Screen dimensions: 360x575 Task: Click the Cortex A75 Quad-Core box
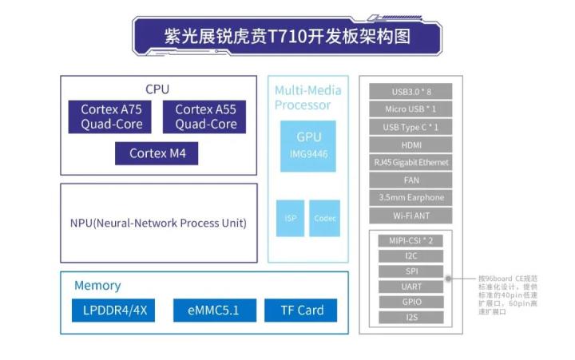tap(112, 117)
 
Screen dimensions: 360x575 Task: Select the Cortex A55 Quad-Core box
tap(206, 117)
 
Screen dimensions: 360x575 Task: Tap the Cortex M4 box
tap(157, 153)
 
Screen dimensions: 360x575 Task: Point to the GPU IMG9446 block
tap(308, 146)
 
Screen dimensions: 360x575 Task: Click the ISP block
tap(291, 218)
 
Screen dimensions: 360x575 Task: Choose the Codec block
tap(324, 218)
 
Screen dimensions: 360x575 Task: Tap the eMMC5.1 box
tap(206, 310)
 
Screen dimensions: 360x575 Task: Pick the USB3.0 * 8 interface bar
tap(411, 92)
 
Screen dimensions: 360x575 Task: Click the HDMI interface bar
tap(411, 145)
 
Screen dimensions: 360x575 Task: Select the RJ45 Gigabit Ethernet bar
tap(411, 163)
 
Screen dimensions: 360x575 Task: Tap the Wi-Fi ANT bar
tap(411, 216)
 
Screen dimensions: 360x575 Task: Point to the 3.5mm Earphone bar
tap(411, 198)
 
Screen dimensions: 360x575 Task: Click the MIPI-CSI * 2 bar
tap(411, 240)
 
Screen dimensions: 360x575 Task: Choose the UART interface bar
tap(411, 287)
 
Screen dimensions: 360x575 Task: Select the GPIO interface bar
tap(411, 303)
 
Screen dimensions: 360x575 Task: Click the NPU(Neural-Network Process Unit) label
tap(158, 223)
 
